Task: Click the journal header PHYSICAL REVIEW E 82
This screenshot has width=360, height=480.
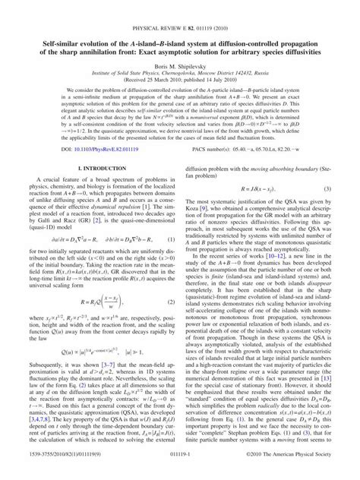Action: pyautogui.click(x=180, y=6)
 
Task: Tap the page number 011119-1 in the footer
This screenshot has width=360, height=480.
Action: pyautogui.click(x=180, y=472)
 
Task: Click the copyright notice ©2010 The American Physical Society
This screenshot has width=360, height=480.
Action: pyautogui.click(x=298, y=472)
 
